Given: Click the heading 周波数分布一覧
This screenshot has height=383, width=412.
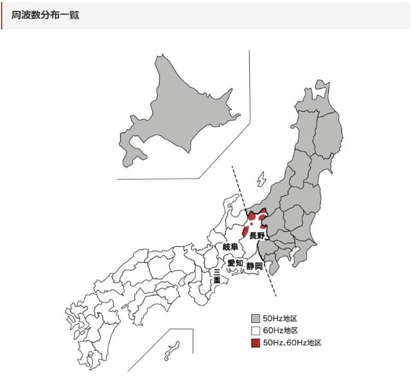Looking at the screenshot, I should (45, 15).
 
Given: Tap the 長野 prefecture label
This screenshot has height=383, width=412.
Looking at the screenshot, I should (257, 236).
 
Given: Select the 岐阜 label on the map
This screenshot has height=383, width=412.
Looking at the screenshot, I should (230, 247).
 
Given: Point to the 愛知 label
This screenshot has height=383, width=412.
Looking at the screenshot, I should (235, 264).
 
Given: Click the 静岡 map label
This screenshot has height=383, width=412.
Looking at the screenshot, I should (254, 266).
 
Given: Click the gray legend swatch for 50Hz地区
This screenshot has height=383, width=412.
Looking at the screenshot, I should (256, 319).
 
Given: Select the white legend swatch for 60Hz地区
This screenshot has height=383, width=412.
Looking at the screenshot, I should (256, 330).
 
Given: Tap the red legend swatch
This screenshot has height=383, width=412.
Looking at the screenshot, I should (256, 342).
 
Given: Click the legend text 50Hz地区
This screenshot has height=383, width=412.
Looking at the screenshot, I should (280, 319).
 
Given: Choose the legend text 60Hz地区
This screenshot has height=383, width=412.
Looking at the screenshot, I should (280, 330).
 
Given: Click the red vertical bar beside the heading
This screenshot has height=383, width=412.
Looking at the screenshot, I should (2, 15).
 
